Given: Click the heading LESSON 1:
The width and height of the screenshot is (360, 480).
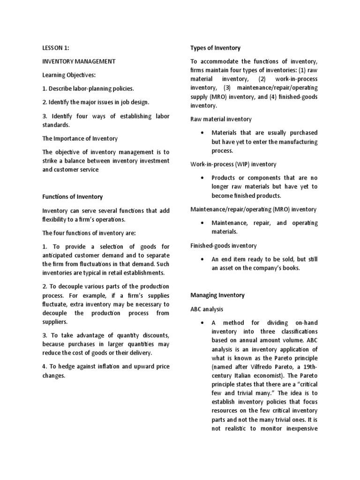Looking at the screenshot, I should (x=56, y=48).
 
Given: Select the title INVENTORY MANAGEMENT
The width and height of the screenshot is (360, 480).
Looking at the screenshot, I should (x=79, y=61).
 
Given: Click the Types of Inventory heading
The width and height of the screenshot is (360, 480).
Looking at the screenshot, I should (x=215, y=48).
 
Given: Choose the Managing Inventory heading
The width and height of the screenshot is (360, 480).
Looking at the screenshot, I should (x=217, y=295).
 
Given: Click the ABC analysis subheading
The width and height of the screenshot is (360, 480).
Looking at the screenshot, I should (x=206, y=309).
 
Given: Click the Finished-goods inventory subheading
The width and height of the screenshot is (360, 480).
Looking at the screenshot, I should (x=223, y=246).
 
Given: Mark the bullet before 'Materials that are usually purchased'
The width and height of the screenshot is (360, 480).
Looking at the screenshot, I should (x=201, y=133).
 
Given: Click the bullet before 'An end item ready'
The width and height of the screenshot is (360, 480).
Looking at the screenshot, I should (x=201, y=259).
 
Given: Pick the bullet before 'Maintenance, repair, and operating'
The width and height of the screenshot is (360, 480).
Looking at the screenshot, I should (x=201, y=223).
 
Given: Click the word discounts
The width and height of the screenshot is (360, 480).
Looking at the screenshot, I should (x=153, y=335).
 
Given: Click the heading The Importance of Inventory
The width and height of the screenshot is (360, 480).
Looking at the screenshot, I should (x=80, y=138).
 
